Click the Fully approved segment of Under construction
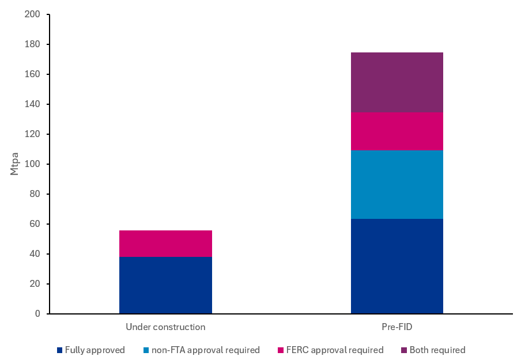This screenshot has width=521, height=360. tap(165, 285)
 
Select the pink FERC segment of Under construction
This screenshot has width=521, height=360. tap(165, 243)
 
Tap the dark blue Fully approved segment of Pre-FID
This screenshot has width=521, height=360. tap(397, 266)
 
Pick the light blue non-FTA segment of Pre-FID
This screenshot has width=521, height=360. tap(397, 184)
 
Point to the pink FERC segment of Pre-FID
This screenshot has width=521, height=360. tap(397, 131)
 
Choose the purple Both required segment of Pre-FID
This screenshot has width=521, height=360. tap(397, 82)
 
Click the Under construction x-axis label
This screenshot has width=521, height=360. tap(165, 327)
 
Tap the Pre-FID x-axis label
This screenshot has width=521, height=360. tap(397, 327)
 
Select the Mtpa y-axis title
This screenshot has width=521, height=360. tap(15, 164)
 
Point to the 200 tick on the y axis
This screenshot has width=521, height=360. tap(32, 14)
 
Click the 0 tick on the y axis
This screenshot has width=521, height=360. tap(37, 314)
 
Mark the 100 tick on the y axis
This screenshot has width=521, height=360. tap(32, 164)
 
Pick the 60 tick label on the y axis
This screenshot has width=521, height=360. tap(35, 224)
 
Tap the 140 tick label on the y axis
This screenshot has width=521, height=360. tap(32, 104)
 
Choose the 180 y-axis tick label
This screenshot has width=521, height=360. tap(32, 44)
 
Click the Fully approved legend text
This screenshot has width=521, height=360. tap(95, 350)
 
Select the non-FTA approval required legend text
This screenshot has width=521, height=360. tap(206, 350)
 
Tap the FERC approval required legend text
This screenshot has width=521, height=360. tap(334, 350)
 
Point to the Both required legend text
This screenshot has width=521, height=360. tap(437, 350)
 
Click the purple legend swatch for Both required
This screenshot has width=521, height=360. tap(404, 350)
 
